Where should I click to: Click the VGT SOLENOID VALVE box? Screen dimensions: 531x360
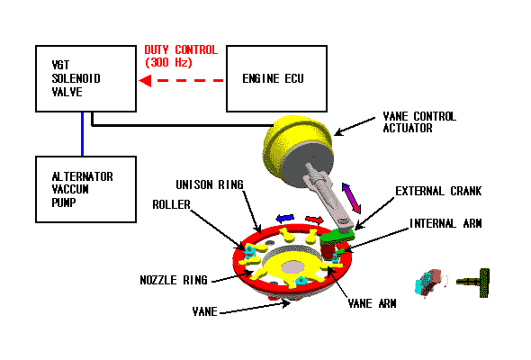click(86, 78)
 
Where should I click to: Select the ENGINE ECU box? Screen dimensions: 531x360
click(276, 78)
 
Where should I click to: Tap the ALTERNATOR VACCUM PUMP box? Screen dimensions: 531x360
click(86, 189)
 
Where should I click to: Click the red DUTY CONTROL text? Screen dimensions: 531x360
click(181, 49)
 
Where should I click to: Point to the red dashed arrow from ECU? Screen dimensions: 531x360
click(181, 81)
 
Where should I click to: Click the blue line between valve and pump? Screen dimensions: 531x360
click(82, 134)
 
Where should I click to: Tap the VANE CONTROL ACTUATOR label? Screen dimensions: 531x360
click(419, 122)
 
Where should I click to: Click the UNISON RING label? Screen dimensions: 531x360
click(210, 184)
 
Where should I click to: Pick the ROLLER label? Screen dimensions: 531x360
click(171, 204)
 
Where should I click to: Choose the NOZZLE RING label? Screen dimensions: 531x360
click(174, 280)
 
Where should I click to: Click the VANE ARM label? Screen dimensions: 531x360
click(373, 303)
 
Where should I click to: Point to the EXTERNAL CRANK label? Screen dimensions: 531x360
click(438, 191)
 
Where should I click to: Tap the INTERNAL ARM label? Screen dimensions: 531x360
click(445, 223)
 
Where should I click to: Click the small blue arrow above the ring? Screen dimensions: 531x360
click(284, 219)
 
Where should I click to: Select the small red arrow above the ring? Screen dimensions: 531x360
click(315, 220)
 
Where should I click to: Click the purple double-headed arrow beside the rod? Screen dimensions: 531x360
click(351, 199)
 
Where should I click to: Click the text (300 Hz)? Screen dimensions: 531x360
click(168, 62)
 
